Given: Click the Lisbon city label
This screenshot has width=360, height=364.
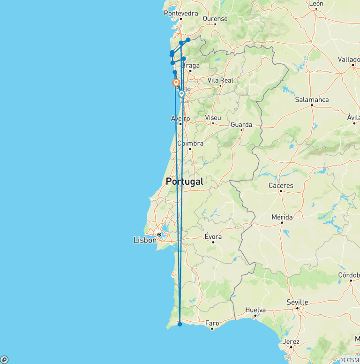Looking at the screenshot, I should [145, 240].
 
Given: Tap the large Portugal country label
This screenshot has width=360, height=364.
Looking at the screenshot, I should [185, 182].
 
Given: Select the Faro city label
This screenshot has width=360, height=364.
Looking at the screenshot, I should [212, 323].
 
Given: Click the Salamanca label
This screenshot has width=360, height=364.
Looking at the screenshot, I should [312, 99].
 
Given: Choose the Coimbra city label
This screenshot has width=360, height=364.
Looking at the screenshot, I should [190, 143].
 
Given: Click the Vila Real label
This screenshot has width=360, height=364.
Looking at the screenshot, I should [220, 80].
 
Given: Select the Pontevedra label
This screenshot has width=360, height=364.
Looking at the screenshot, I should [181, 13].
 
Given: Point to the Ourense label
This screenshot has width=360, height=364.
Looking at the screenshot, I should [215, 19].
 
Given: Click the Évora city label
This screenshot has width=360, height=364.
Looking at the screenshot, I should [213, 237].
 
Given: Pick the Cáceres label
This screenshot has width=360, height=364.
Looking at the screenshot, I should [281, 185].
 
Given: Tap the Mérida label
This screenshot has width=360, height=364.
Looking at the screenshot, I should [282, 217].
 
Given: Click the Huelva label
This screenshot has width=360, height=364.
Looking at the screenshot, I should [255, 310].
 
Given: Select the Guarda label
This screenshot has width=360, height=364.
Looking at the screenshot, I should [241, 124].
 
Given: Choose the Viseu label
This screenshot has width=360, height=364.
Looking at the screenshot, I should [213, 118].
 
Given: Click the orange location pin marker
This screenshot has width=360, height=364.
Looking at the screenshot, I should [176, 83].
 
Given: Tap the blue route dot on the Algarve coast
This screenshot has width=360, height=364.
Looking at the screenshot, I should [180, 324].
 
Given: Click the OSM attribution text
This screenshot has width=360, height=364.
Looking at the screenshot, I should [350, 360].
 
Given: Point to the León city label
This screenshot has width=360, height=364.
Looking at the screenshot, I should [316, 3].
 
